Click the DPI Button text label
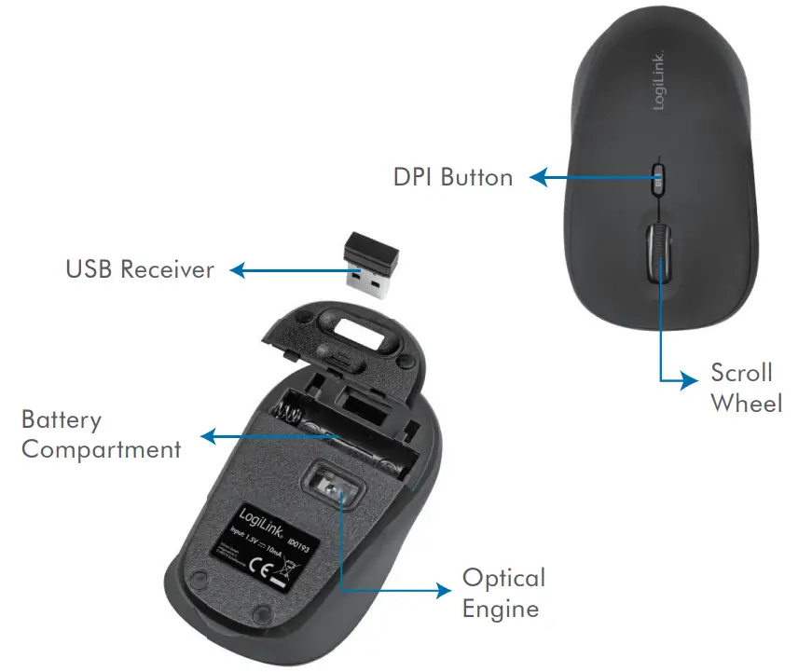453,176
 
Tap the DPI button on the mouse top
658,177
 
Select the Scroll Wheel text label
745,387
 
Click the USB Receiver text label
140,270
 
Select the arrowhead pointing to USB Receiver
237,270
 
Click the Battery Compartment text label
101,434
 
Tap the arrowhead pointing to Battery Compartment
207,434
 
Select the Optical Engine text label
503,593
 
